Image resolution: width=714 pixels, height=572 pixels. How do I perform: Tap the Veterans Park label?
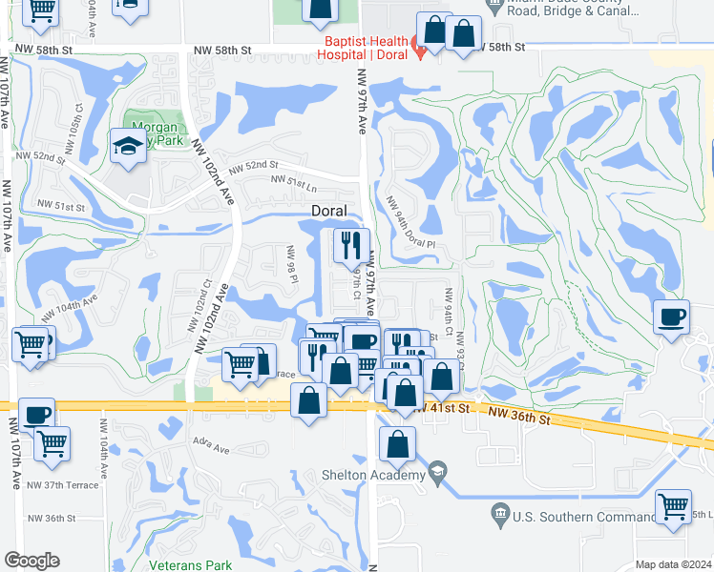[x=191, y=564]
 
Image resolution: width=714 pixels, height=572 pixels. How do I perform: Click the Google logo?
[x=31, y=561]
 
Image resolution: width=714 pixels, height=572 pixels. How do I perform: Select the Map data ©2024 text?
[x=674, y=564]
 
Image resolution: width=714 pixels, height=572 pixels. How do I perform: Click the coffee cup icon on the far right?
[x=672, y=316]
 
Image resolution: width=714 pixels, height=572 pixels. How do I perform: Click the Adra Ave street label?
[x=212, y=449]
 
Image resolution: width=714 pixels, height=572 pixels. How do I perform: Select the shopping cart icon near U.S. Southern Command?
[x=674, y=507]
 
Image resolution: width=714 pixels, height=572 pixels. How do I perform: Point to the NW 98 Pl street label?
[x=293, y=268]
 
